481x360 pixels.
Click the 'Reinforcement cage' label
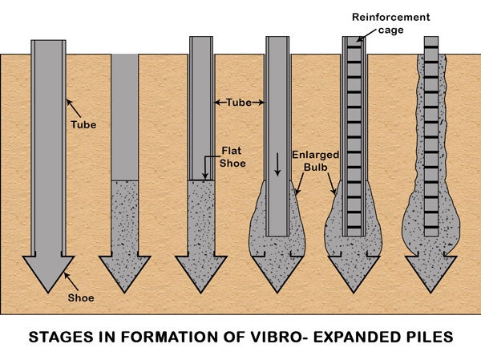click(390, 22)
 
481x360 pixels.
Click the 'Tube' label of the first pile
click(83, 124)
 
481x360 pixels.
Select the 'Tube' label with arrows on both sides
click(239, 102)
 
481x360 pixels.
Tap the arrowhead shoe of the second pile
click(124, 273)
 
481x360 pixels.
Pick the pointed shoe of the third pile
click(201, 273)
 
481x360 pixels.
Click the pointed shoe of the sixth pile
click(431, 273)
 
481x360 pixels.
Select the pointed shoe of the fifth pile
click(355, 273)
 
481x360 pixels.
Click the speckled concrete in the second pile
click(124, 216)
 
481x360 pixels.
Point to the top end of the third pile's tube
click(201, 39)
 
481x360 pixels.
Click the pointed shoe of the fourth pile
click(277, 273)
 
